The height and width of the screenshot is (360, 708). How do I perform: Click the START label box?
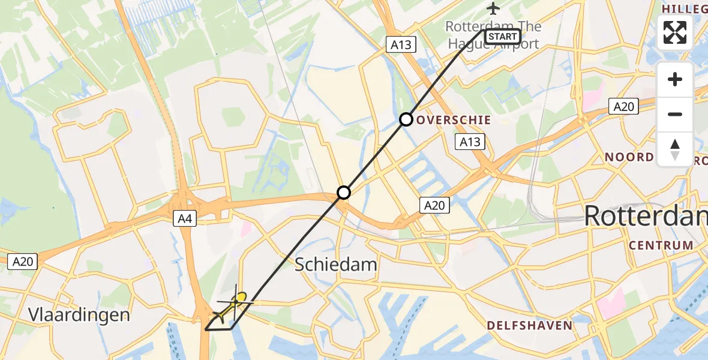pyautogui.click(x=502, y=37)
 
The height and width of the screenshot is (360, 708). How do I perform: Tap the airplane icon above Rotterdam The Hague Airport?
pyautogui.click(x=493, y=8)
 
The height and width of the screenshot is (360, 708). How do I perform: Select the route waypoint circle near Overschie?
pyautogui.click(x=406, y=119)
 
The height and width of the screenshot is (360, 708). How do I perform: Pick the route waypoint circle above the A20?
pyautogui.click(x=343, y=193)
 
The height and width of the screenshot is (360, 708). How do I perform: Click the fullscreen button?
pyautogui.click(x=675, y=32)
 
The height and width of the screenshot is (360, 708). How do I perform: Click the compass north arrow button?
pyautogui.click(x=675, y=149)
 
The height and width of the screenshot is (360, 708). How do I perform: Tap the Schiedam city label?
pyautogui.click(x=336, y=265)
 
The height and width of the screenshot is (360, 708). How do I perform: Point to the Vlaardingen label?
pyautogui.click(x=79, y=315)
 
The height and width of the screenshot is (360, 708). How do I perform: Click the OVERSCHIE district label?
pyautogui.click(x=453, y=120)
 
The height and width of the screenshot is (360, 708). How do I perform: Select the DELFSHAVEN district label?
pyautogui.click(x=529, y=326)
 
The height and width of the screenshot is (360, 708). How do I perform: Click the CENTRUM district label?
pyautogui.click(x=661, y=245)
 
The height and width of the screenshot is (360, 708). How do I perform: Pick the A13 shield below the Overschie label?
pyautogui.click(x=470, y=142)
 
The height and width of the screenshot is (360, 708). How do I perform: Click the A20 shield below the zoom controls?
pyautogui.click(x=623, y=107)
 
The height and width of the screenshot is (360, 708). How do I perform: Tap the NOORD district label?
pyautogui.click(x=629, y=157)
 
